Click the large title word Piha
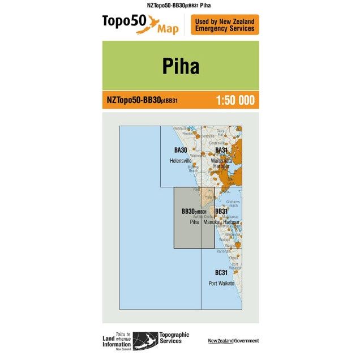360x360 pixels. pyautogui.click(x=181, y=66)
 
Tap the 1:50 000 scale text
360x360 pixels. pyautogui.click(x=235, y=101)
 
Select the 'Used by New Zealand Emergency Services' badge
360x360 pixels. pyautogui.click(x=225, y=25)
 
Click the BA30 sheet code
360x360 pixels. pyautogui.click(x=181, y=150)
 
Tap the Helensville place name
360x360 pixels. pyautogui.click(x=181, y=161)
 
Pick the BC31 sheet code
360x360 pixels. pyautogui.click(x=221, y=273)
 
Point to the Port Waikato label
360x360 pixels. pyautogui.click(x=221, y=283)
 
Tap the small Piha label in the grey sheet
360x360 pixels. pyautogui.click(x=194, y=222)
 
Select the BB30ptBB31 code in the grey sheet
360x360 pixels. pyautogui.click(x=194, y=212)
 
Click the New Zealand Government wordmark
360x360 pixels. pyautogui.click(x=233, y=341)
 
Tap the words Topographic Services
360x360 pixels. pyautogui.click(x=174, y=338)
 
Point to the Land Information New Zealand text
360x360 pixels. pyautogui.click(x=117, y=341)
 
